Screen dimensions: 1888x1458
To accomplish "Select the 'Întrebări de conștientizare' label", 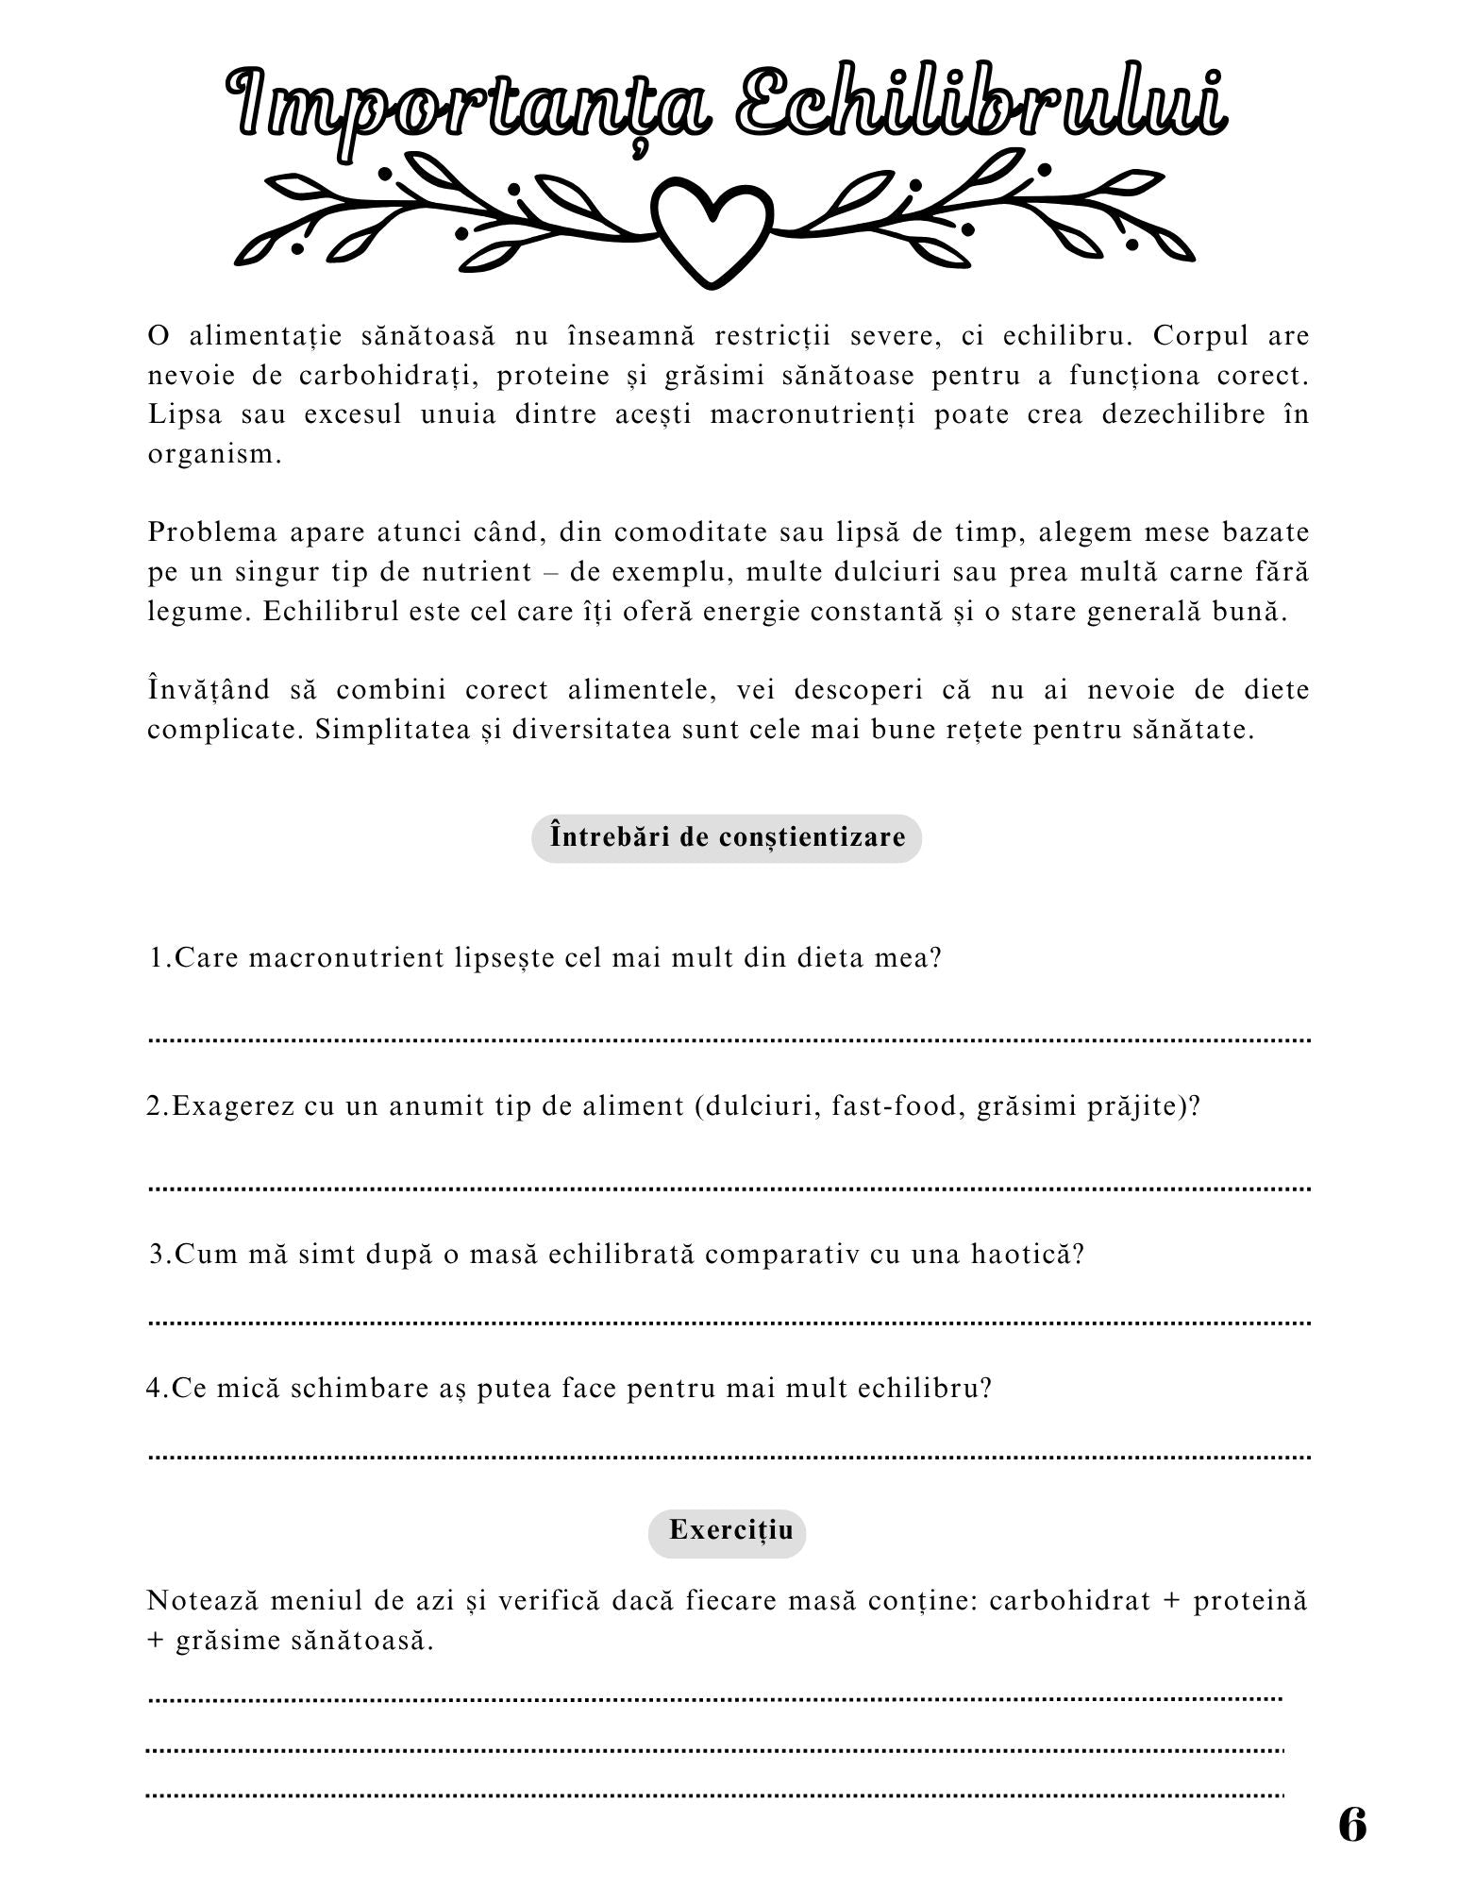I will [727, 837].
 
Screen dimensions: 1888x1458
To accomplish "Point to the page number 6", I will [1351, 1825].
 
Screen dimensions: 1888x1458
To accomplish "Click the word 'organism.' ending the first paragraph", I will [215, 454].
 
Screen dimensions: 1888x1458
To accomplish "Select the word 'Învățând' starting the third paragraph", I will [209, 690].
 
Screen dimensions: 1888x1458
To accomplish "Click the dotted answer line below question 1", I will [730, 1039].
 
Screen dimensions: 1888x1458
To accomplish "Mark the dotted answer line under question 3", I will [730, 1323].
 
